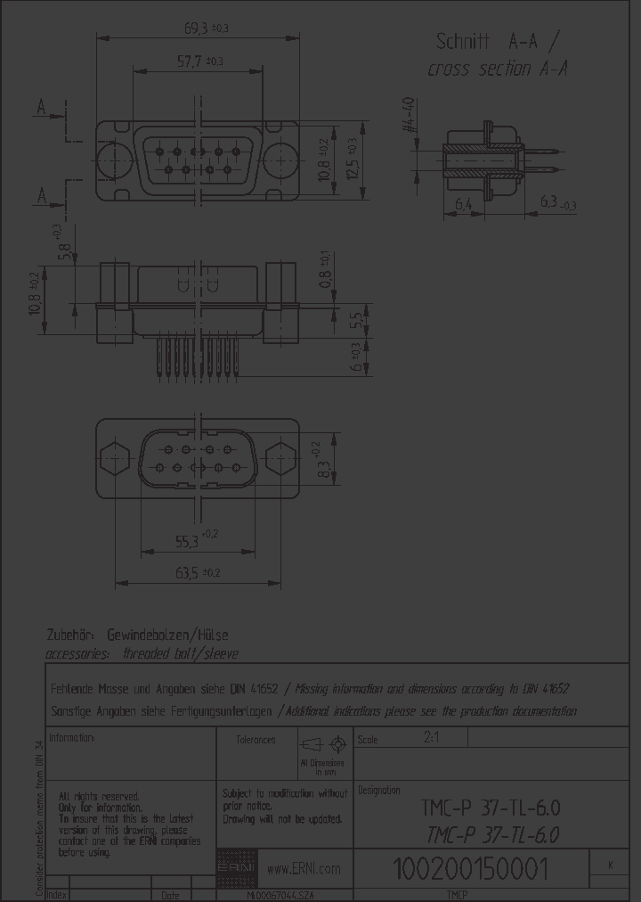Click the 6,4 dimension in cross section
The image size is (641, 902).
coord(463,205)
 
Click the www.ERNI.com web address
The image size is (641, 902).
coord(304,869)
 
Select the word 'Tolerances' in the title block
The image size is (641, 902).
coord(256,740)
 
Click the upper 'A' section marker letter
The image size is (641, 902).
coord(41,109)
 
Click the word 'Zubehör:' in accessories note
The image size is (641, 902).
coord(72,635)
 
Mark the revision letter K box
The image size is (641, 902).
coord(610,865)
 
